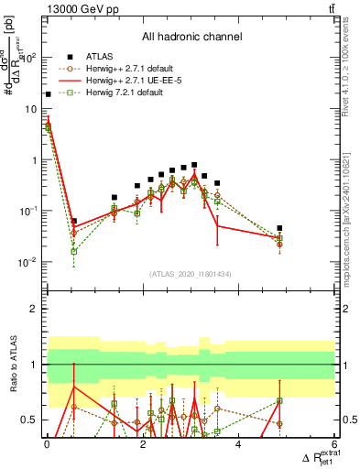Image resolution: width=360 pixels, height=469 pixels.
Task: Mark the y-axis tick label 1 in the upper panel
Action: [35, 159]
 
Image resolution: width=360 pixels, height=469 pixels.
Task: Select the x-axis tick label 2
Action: [143, 444]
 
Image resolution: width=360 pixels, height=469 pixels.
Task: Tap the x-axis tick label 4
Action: [238, 444]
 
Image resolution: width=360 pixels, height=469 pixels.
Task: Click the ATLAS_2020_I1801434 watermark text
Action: [191, 273]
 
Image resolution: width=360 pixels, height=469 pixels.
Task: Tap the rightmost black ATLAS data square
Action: [279, 228]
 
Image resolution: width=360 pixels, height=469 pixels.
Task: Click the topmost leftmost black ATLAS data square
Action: [48, 93]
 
